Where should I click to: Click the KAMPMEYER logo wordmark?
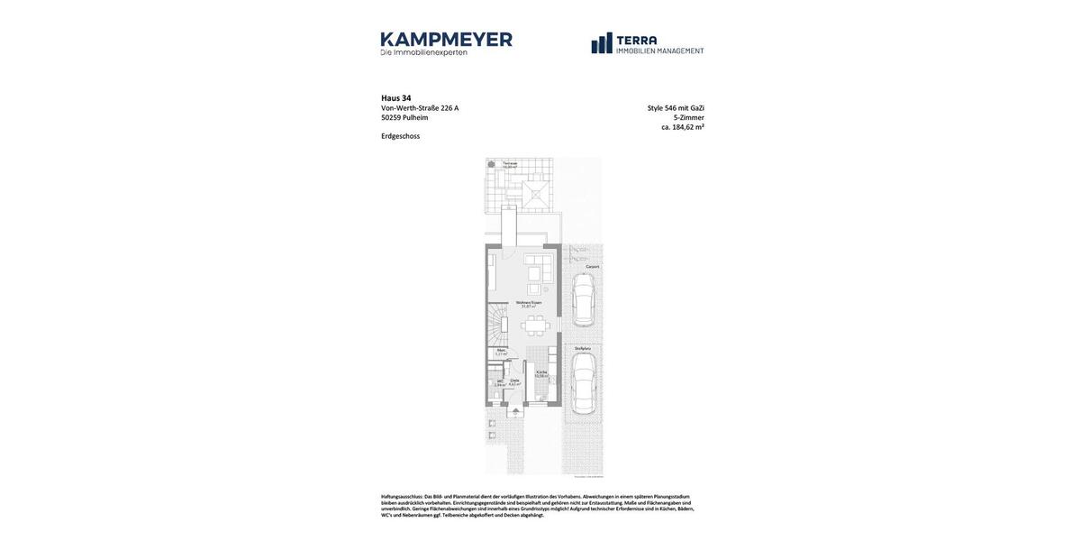[446, 40]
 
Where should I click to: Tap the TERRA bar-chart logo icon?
[602, 43]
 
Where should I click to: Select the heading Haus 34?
[395, 98]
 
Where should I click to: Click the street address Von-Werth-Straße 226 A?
[420, 108]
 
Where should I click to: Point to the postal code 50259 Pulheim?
[404, 117]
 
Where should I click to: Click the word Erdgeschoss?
[400, 136]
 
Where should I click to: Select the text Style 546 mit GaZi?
[676, 108]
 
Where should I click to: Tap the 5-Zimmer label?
[688, 117]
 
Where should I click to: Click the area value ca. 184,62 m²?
[682, 127]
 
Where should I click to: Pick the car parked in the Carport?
[583, 299]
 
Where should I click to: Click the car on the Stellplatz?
[583, 382]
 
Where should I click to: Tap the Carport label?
[592, 267]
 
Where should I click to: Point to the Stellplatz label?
[583, 348]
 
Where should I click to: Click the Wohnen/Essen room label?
[529, 304]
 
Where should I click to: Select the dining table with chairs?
[534, 326]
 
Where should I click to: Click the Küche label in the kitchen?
[541, 373]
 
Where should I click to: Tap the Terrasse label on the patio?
[510, 164]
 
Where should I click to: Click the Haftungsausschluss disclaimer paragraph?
[537, 506]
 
